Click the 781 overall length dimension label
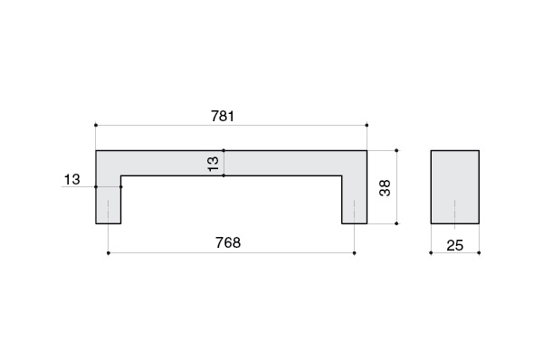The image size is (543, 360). (x=223, y=116)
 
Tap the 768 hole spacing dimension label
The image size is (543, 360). (x=228, y=242)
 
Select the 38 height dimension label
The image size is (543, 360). (x=385, y=188)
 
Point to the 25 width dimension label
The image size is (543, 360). (x=454, y=245)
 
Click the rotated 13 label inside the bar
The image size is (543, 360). (x=214, y=164)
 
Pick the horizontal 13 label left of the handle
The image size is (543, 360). (x=72, y=179)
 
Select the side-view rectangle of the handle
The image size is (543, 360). (x=455, y=187)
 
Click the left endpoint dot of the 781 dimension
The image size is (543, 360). (x=96, y=125)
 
